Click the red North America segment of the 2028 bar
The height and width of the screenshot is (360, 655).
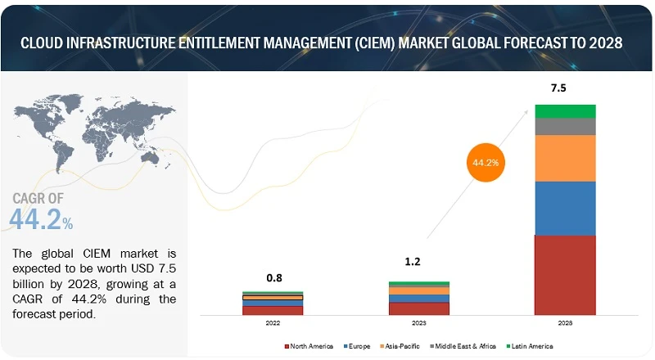(565, 275)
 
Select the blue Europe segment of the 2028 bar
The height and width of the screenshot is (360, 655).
(565, 208)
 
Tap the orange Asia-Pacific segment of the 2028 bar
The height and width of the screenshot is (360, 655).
(565, 158)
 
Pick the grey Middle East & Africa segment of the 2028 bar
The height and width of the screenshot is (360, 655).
(565, 127)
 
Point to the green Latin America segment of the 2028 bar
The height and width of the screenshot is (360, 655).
(565, 111)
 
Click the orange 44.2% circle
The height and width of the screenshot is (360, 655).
(484, 162)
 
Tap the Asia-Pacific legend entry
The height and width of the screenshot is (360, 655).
(403, 346)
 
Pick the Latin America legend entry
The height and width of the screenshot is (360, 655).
(531, 346)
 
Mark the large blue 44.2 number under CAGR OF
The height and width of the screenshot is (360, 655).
(36, 218)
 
